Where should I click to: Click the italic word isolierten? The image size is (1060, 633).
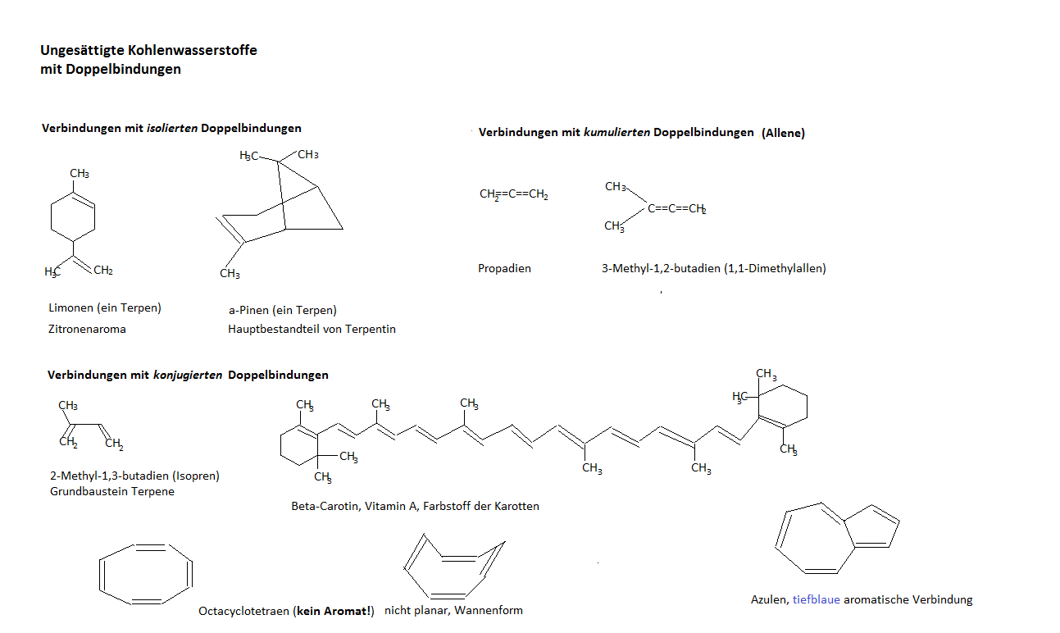(171, 129)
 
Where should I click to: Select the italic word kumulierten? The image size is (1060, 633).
(616, 132)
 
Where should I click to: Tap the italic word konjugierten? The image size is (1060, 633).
(188, 375)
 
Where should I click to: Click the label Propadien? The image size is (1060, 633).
(504, 268)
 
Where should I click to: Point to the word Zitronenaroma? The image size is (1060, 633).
(87, 329)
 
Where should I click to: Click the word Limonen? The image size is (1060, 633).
(71, 308)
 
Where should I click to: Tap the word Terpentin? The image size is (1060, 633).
(369, 329)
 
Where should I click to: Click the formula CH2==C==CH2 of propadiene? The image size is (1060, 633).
(514, 195)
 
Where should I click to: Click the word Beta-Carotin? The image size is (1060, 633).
(325, 506)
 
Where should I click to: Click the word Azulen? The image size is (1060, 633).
(769, 599)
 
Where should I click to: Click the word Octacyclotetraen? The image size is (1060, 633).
(243, 611)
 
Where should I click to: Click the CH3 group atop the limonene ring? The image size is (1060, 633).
(80, 174)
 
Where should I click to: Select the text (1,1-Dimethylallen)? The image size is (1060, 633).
(775, 268)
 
